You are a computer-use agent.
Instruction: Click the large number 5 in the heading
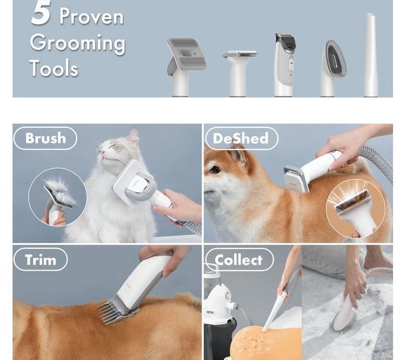pos(41,13)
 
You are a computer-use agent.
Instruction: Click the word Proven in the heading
pos(91,16)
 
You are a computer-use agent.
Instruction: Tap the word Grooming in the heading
pos(77,43)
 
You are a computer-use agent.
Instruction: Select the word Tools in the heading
pos(53,68)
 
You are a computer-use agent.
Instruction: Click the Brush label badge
pos(45,139)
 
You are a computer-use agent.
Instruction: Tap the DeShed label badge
pos(240,139)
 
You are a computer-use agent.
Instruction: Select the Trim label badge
pos(41,260)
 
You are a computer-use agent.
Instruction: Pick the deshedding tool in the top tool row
pos(239,68)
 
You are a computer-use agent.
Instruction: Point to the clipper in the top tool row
pos(284,64)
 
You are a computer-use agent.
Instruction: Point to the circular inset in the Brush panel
pos(58,197)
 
